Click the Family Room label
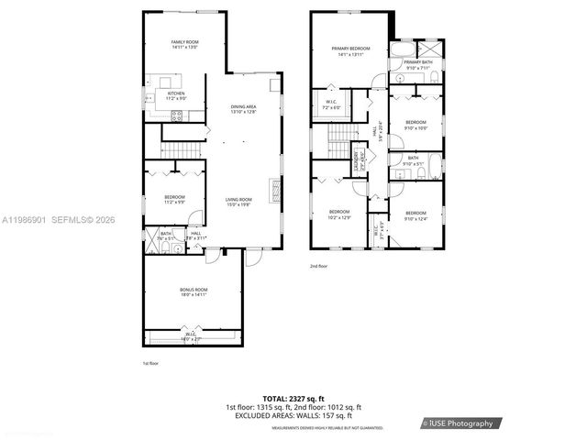point(185,44)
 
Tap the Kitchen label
point(176,95)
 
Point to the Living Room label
point(240,202)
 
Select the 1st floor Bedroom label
point(175,199)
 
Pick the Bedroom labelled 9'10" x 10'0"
point(416,124)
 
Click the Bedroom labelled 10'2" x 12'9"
point(338,214)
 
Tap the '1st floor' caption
point(151,364)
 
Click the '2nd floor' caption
point(318,266)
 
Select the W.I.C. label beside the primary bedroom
point(332,103)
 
